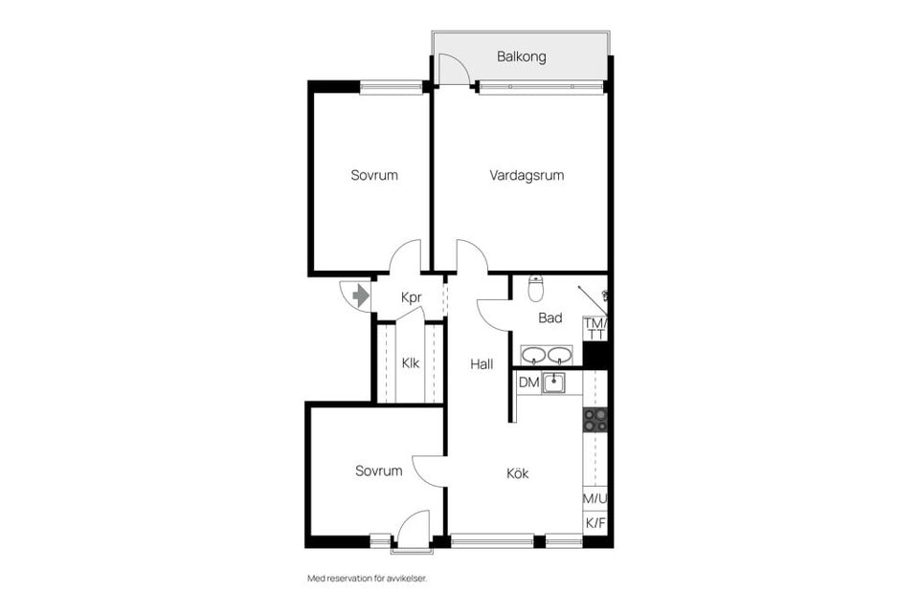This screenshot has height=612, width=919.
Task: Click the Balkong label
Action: [522, 57]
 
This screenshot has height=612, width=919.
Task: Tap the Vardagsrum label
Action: [527, 176]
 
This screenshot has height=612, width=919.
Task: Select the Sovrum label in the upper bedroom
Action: [374, 176]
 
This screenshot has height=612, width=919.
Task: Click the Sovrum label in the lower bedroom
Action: [378, 471]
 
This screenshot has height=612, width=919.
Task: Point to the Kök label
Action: [518, 473]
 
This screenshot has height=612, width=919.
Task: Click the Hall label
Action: [481, 364]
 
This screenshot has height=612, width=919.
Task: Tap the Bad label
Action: [550, 318]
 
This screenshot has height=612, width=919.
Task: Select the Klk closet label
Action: [410, 363]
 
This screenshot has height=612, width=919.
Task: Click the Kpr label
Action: [412, 298]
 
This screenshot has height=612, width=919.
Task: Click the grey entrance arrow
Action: [361, 296]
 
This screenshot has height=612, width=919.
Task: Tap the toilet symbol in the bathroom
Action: [537, 288]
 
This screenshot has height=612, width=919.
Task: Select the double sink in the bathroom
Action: [547, 356]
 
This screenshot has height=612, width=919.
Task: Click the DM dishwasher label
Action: [528, 382]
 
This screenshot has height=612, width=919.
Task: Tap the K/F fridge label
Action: [595, 523]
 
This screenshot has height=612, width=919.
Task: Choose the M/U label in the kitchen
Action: [595, 498]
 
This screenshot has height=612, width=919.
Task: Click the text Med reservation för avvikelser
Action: [366, 579]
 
